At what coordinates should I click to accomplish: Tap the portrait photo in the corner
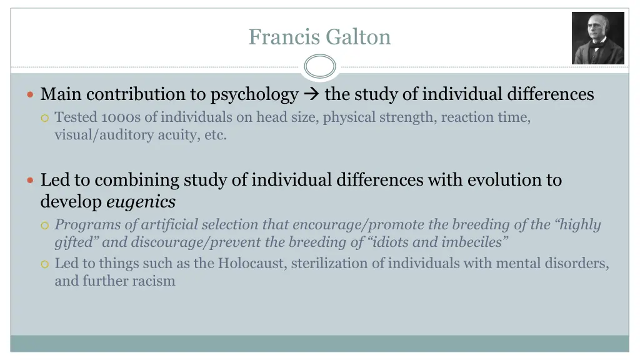point(597,38)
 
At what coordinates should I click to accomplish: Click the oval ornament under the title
point(320,66)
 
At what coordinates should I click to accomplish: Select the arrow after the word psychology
point(311,95)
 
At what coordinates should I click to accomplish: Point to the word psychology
point(254,95)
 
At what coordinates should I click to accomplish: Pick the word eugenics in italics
point(141,202)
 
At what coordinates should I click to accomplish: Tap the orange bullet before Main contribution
point(31,95)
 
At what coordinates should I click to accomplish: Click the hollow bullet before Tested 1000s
point(44,117)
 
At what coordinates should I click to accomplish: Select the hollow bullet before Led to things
point(44,264)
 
